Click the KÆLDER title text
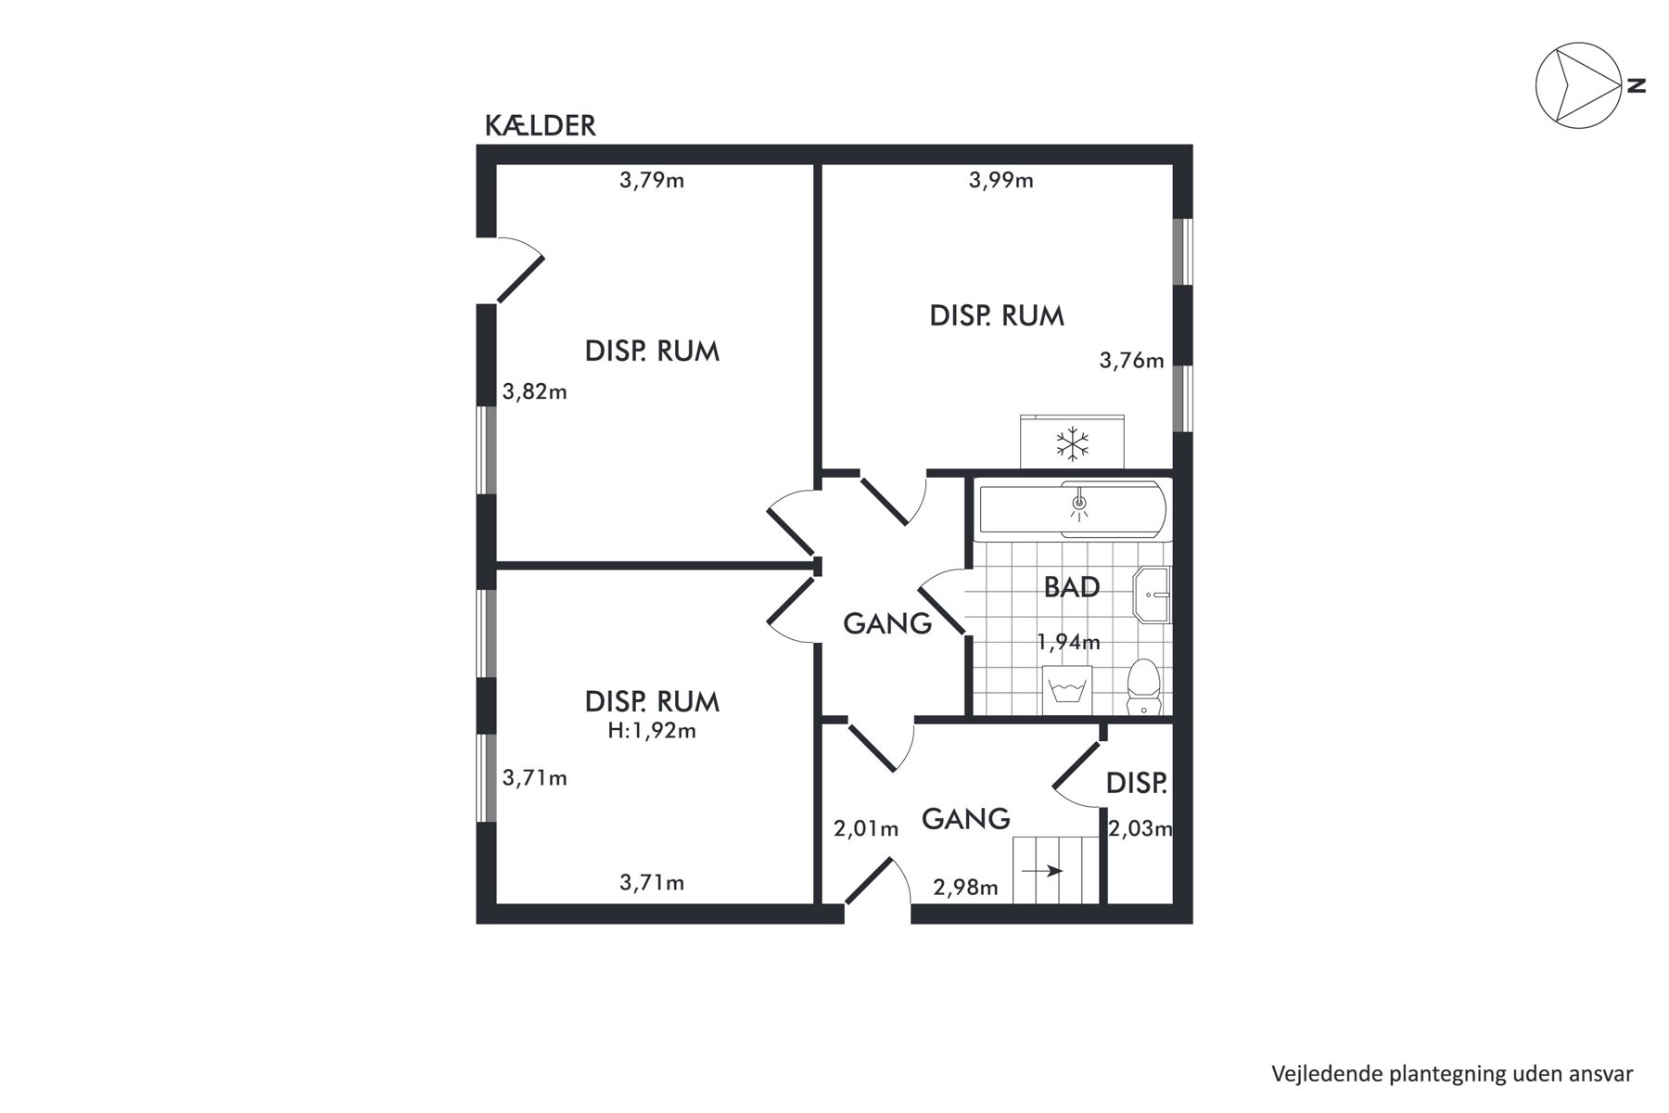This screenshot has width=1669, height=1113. (540, 126)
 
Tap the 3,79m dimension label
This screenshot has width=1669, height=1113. (652, 180)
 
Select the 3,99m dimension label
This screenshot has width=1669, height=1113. (1001, 180)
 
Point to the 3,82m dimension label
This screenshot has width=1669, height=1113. (535, 391)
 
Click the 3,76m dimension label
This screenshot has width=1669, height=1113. (1132, 360)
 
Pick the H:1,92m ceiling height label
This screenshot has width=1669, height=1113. (652, 731)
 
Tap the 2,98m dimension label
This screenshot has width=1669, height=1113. (966, 888)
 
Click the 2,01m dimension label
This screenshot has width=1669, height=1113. (866, 829)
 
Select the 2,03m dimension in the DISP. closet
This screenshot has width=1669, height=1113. (1140, 828)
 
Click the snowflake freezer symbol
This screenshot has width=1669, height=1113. (1073, 444)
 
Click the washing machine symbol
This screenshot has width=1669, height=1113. (1067, 690)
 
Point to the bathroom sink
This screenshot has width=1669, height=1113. (1153, 594)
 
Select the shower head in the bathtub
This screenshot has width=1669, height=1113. (1078, 504)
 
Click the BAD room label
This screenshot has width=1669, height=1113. (1072, 587)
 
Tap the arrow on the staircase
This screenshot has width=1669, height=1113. (1042, 871)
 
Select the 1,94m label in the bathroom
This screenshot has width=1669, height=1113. (1068, 642)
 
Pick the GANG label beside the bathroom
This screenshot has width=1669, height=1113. (887, 624)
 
